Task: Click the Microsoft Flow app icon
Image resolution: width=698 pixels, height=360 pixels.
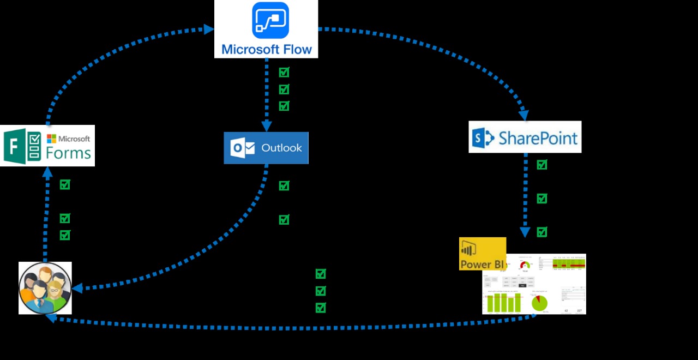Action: point(270,20)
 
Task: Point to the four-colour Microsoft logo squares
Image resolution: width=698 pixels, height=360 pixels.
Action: point(52,139)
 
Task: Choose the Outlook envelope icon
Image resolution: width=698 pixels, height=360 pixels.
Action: point(243,148)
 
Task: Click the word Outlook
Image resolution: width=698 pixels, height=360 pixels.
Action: point(281,148)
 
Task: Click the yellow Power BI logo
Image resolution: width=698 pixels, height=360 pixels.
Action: point(482,254)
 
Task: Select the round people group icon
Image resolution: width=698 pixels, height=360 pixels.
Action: point(45,288)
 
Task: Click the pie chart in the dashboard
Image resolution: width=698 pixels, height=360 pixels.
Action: point(540,303)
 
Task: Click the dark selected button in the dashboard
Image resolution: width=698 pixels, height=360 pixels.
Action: point(523,285)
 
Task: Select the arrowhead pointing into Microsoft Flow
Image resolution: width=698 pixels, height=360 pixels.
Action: point(209,29)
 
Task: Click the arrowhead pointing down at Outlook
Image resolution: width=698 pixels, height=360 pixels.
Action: point(267,127)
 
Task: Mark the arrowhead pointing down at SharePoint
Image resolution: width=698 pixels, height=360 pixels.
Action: point(523,115)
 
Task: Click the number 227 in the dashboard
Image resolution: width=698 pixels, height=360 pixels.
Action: point(579,311)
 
